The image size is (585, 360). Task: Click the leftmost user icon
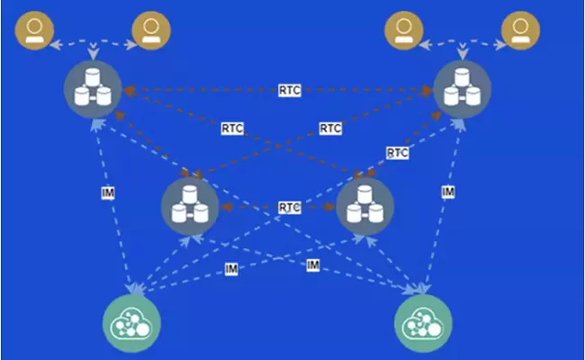34,31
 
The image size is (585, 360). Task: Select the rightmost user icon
519,31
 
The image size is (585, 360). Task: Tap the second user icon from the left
149,31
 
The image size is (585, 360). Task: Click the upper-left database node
93,89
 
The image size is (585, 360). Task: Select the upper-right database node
462,89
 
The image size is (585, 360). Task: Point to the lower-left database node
190,206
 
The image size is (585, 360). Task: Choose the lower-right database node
364,206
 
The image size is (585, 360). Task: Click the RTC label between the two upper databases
289,90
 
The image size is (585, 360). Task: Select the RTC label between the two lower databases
289,207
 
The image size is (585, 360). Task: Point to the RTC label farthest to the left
231,130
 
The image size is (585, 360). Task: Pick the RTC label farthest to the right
397,153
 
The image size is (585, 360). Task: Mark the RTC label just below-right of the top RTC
330,130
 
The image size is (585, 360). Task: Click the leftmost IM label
107,193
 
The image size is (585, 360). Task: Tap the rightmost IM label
447,193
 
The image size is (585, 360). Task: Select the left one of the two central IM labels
231,270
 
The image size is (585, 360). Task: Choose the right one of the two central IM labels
312,265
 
